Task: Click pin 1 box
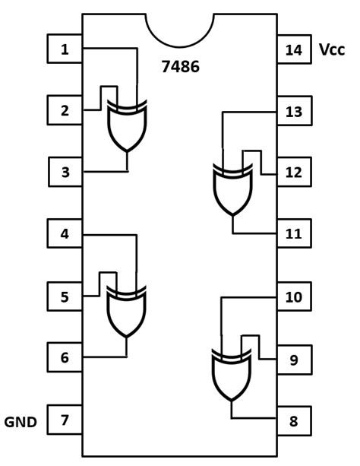click(65, 49)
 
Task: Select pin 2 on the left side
click(65, 111)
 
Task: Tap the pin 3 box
click(65, 172)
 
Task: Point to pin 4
click(65, 234)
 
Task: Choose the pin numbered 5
click(65, 296)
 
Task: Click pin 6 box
click(65, 357)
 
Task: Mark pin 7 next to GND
click(65, 420)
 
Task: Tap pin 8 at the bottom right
click(294, 420)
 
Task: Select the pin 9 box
click(294, 359)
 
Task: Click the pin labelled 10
click(294, 296)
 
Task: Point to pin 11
click(294, 234)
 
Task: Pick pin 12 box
click(294, 173)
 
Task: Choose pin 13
click(294, 112)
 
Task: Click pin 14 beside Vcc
click(294, 50)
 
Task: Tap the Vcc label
click(332, 50)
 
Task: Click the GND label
click(21, 421)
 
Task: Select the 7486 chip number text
click(180, 67)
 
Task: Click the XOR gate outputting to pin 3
click(127, 125)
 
